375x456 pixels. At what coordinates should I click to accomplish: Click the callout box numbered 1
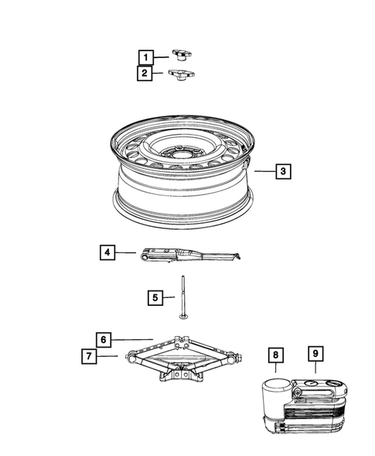tap(146, 57)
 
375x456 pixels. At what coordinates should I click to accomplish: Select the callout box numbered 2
tap(145, 73)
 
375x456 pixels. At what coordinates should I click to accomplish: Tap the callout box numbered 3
tap(283, 171)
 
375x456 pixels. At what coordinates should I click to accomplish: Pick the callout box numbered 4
tap(107, 252)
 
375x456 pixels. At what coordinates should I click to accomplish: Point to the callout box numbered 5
tap(155, 297)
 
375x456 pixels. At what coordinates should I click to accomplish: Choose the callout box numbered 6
tap(104, 339)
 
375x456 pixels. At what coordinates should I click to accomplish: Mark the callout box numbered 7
tap(89, 356)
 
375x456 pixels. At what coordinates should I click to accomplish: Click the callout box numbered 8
tap(276, 355)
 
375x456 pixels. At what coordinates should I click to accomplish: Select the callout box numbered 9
tap(315, 354)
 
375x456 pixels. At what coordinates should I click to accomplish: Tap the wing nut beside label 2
tap(182, 74)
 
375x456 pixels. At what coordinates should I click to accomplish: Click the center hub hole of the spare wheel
tap(180, 151)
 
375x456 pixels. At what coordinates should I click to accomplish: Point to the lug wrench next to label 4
tap(190, 255)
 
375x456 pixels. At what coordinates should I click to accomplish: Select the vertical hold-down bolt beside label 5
tap(183, 297)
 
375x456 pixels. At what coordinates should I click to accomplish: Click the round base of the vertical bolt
tap(183, 316)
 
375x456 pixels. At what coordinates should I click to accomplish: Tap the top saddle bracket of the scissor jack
tap(182, 341)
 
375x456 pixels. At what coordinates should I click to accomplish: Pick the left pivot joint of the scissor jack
tap(131, 358)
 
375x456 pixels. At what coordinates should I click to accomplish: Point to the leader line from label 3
tap(265, 171)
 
